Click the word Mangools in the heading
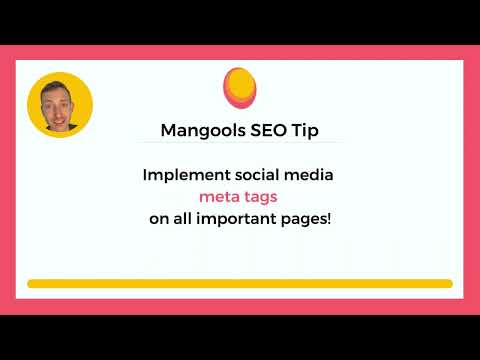[203, 131]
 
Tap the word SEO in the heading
[268, 130]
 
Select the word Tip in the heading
[305, 131]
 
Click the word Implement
[186, 176]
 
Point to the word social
[257, 175]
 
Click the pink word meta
[218, 197]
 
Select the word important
[236, 220]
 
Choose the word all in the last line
[182, 219]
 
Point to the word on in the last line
[159, 220]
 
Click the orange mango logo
[240, 88]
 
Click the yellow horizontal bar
[240, 284]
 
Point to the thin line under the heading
[240, 142]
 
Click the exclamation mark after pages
[329, 219]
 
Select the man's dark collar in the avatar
[63, 127]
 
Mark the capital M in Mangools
[168, 130]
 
